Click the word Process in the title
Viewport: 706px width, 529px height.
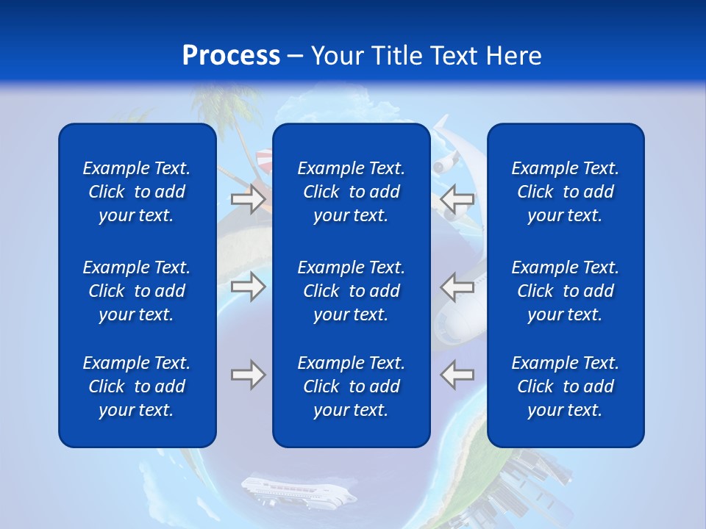click(x=231, y=56)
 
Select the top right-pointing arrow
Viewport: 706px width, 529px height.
click(x=249, y=199)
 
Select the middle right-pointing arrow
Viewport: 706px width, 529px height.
click(x=249, y=287)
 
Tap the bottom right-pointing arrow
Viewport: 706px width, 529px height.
click(x=249, y=375)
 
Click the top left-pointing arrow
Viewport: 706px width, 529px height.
click(x=457, y=199)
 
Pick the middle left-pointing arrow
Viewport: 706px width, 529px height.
click(x=457, y=287)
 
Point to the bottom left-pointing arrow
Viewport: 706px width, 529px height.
click(x=457, y=375)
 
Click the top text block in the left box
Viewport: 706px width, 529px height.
click(x=137, y=192)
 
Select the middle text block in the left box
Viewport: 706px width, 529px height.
click(x=137, y=291)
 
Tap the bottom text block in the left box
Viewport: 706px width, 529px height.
click(x=137, y=386)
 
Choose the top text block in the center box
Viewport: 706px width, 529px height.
click(x=351, y=192)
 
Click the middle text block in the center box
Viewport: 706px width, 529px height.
click(x=351, y=291)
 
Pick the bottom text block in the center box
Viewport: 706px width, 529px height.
click(x=351, y=386)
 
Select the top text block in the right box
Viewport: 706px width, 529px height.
click(x=565, y=192)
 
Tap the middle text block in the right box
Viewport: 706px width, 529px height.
click(x=565, y=291)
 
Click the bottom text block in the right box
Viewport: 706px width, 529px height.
click(x=565, y=386)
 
